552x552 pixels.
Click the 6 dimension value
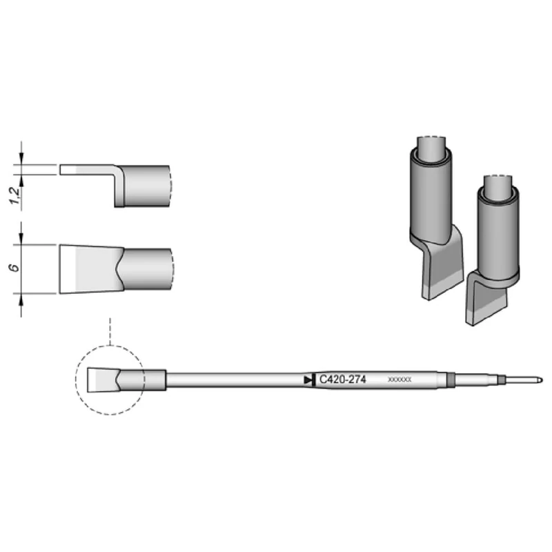coord(23,268)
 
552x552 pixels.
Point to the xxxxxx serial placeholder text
coord(400,379)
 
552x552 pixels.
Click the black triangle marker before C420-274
coord(308,379)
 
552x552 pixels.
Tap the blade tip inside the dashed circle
coord(102,379)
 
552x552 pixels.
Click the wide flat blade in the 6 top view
coord(90,269)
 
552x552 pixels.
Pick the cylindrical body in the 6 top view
coord(148,269)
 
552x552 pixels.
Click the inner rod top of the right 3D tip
coord(497,182)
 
